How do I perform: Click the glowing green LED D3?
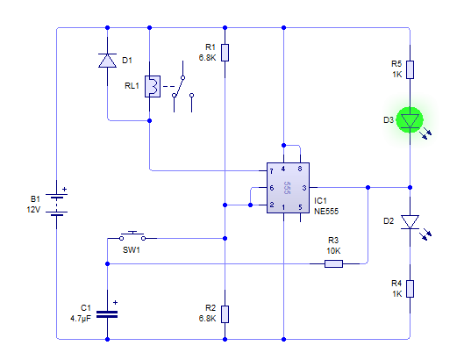click(410, 120)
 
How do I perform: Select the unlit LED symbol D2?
click(410, 222)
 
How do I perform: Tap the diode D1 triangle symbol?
click(107, 61)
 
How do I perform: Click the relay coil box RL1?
click(153, 87)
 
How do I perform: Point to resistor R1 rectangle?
click(225, 53)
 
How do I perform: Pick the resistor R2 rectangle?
click(225, 314)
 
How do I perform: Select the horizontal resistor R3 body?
click(333, 263)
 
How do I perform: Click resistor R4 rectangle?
click(410, 289)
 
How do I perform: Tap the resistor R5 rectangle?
click(410, 69)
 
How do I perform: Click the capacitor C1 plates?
click(107, 314)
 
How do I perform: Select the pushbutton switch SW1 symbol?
click(132, 236)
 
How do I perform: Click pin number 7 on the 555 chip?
click(271, 171)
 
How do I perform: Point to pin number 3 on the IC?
click(303, 188)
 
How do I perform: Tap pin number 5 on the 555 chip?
click(300, 207)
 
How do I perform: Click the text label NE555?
click(326, 212)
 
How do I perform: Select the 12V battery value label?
click(33, 210)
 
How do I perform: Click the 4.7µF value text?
click(81, 319)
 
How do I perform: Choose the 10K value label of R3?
click(333, 251)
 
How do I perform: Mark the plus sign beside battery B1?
click(65, 189)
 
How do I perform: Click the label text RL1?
click(132, 86)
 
